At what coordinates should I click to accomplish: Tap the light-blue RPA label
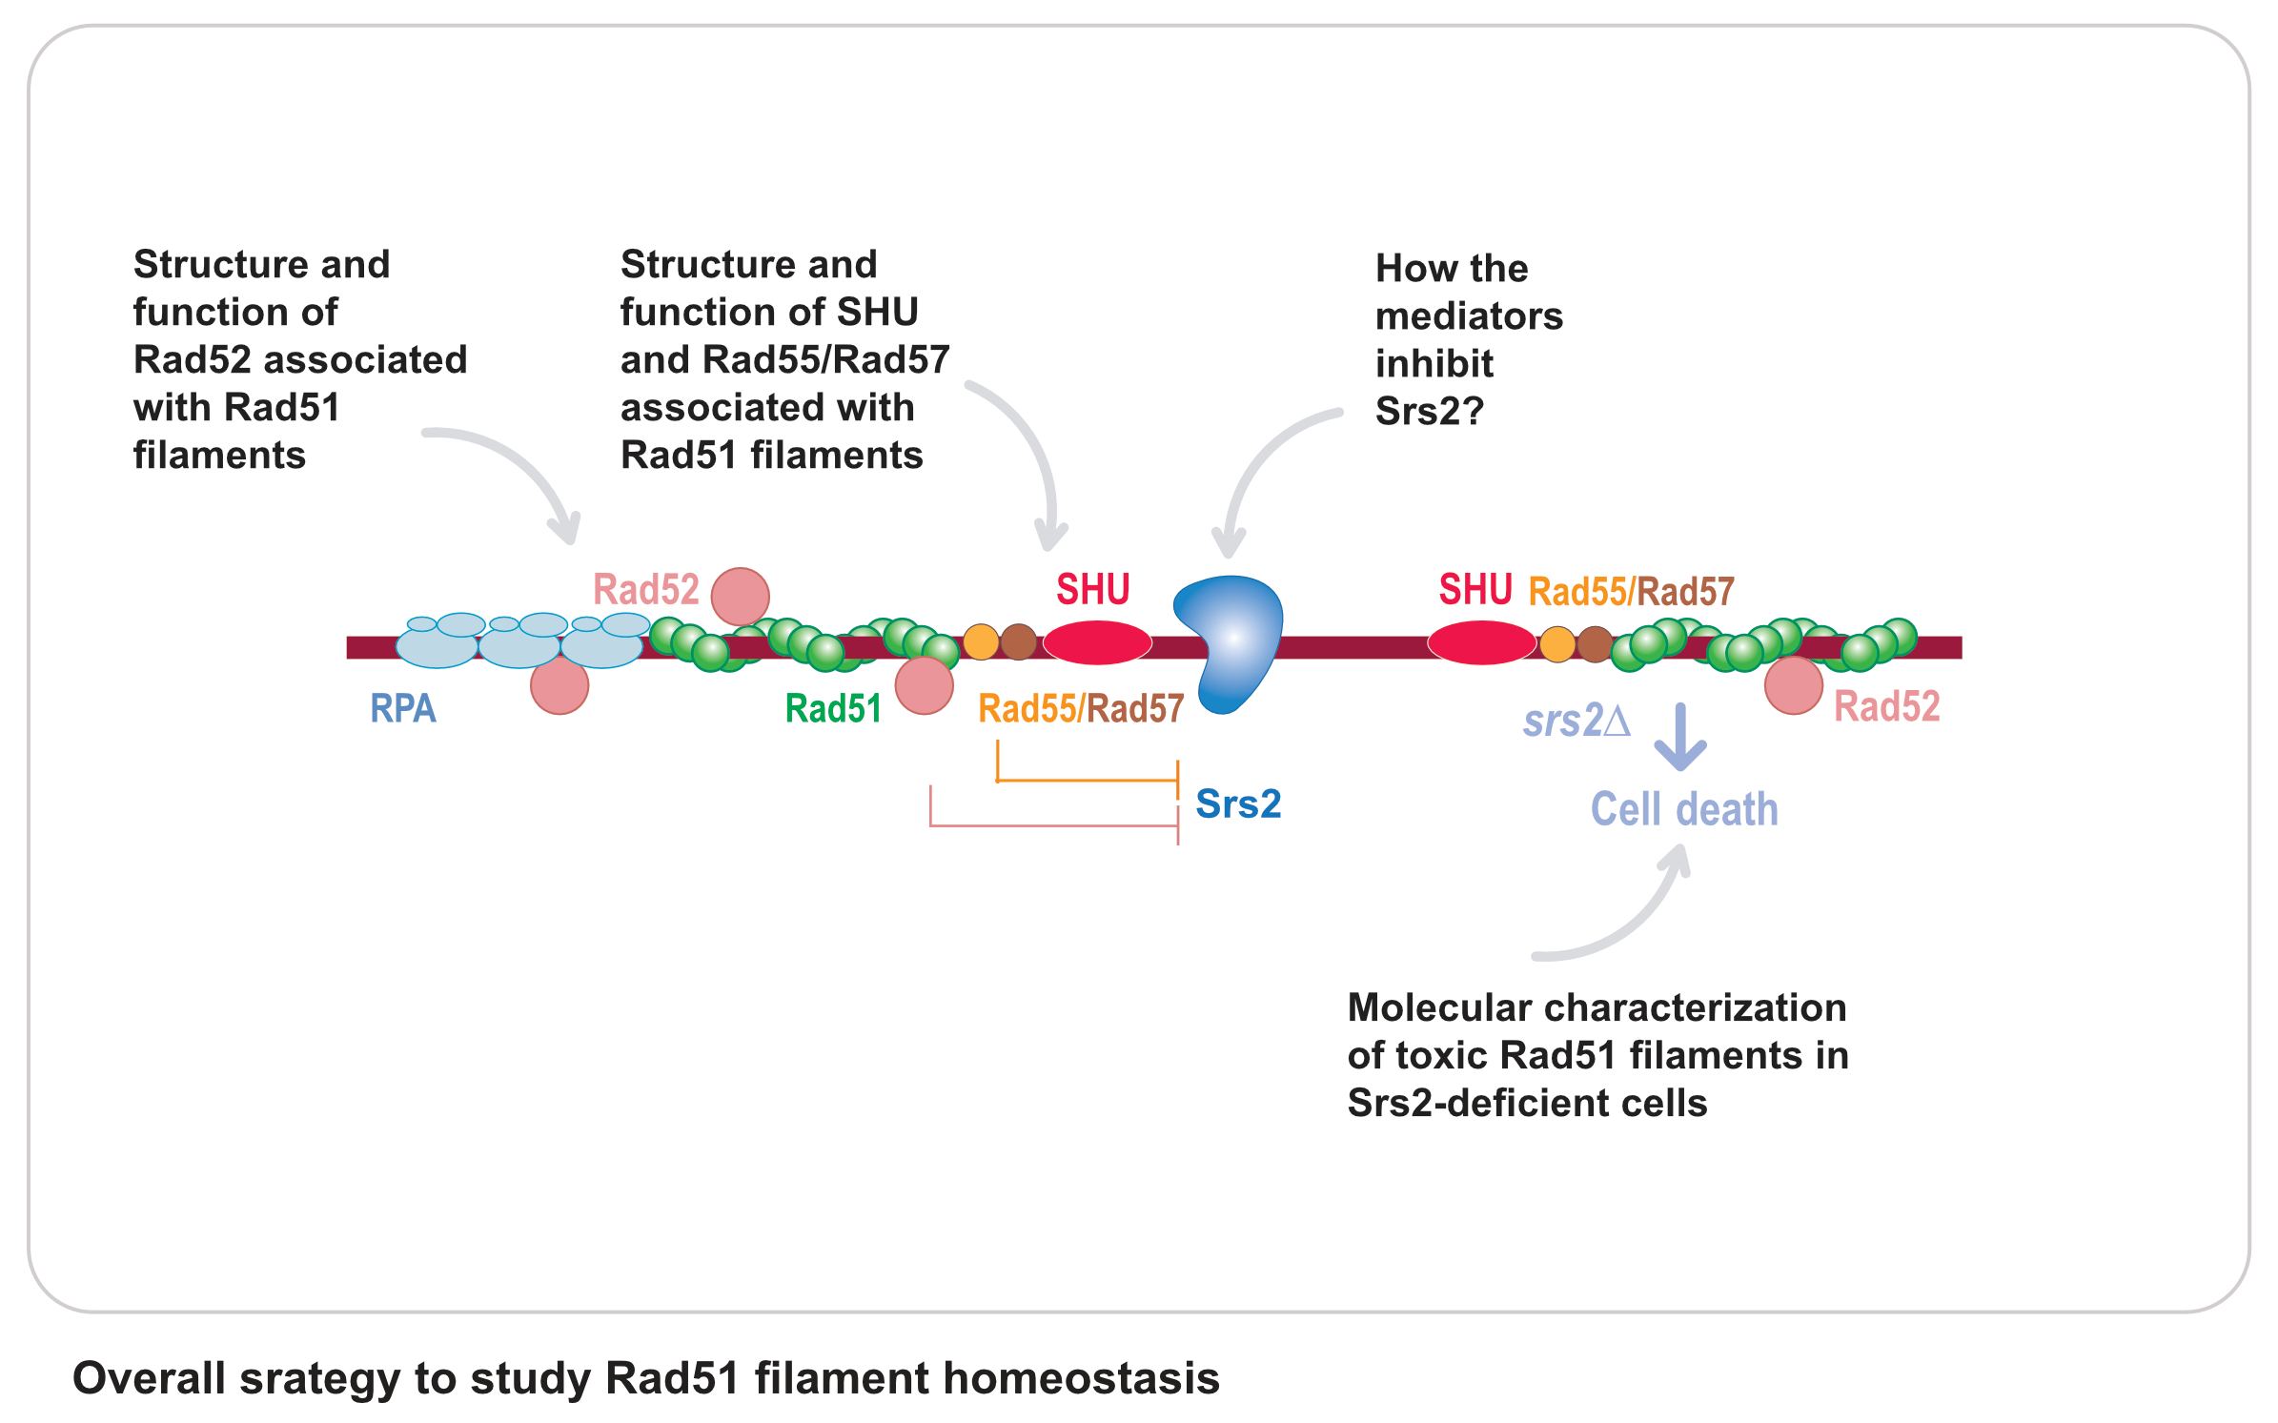(x=403, y=708)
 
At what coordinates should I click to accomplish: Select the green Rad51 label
(x=833, y=708)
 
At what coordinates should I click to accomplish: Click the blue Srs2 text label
(x=1238, y=803)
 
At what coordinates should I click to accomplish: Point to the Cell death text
(x=1684, y=809)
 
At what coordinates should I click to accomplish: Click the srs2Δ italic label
(x=1576, y=721)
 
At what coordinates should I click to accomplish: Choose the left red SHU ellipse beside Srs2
(x=1097, y=642)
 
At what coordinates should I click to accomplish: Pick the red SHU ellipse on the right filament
(x=1481, y=642)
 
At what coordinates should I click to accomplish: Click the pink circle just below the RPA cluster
(x=559, y=685)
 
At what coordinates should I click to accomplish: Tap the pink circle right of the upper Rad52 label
(x=741, y=597)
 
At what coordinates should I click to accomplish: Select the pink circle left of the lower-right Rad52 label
(x=1794, y=685)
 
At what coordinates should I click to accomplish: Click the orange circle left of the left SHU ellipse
(x=981, y=642)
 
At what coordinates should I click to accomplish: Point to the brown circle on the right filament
(x=1595, y=643)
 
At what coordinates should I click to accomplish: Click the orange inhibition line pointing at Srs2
(x=1087, y=781)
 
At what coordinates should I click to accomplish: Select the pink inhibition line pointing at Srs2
(x=1053, y=825)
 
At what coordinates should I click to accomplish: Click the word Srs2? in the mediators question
(x=1430, y=412)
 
